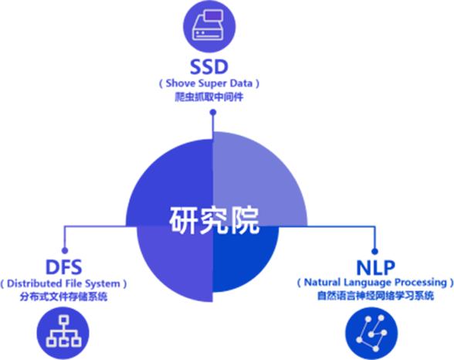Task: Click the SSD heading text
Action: [x=209, y=66]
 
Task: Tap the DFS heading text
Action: [x=63, y=267]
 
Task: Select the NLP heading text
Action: [x=375, y=267]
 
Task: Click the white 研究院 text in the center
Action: [x=214, y=220]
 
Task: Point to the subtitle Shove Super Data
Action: [x=209, y=83]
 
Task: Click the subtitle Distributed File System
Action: [x=63, y=284]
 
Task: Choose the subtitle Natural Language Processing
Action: [x=375, y=283]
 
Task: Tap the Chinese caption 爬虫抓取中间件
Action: [x=209, y=97]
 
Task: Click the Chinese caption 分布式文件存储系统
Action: [x=63, y=297]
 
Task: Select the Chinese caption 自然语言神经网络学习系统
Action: [x=375, y=296]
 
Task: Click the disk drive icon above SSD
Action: [x=209, y=26]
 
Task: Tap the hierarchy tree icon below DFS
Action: [x=63, y=333]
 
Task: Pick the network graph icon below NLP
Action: [x=372, y=334]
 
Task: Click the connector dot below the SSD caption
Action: [x=213, y=112]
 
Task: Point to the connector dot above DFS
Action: [x=65, y=250]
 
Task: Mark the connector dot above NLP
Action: [x=374, y=251]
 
